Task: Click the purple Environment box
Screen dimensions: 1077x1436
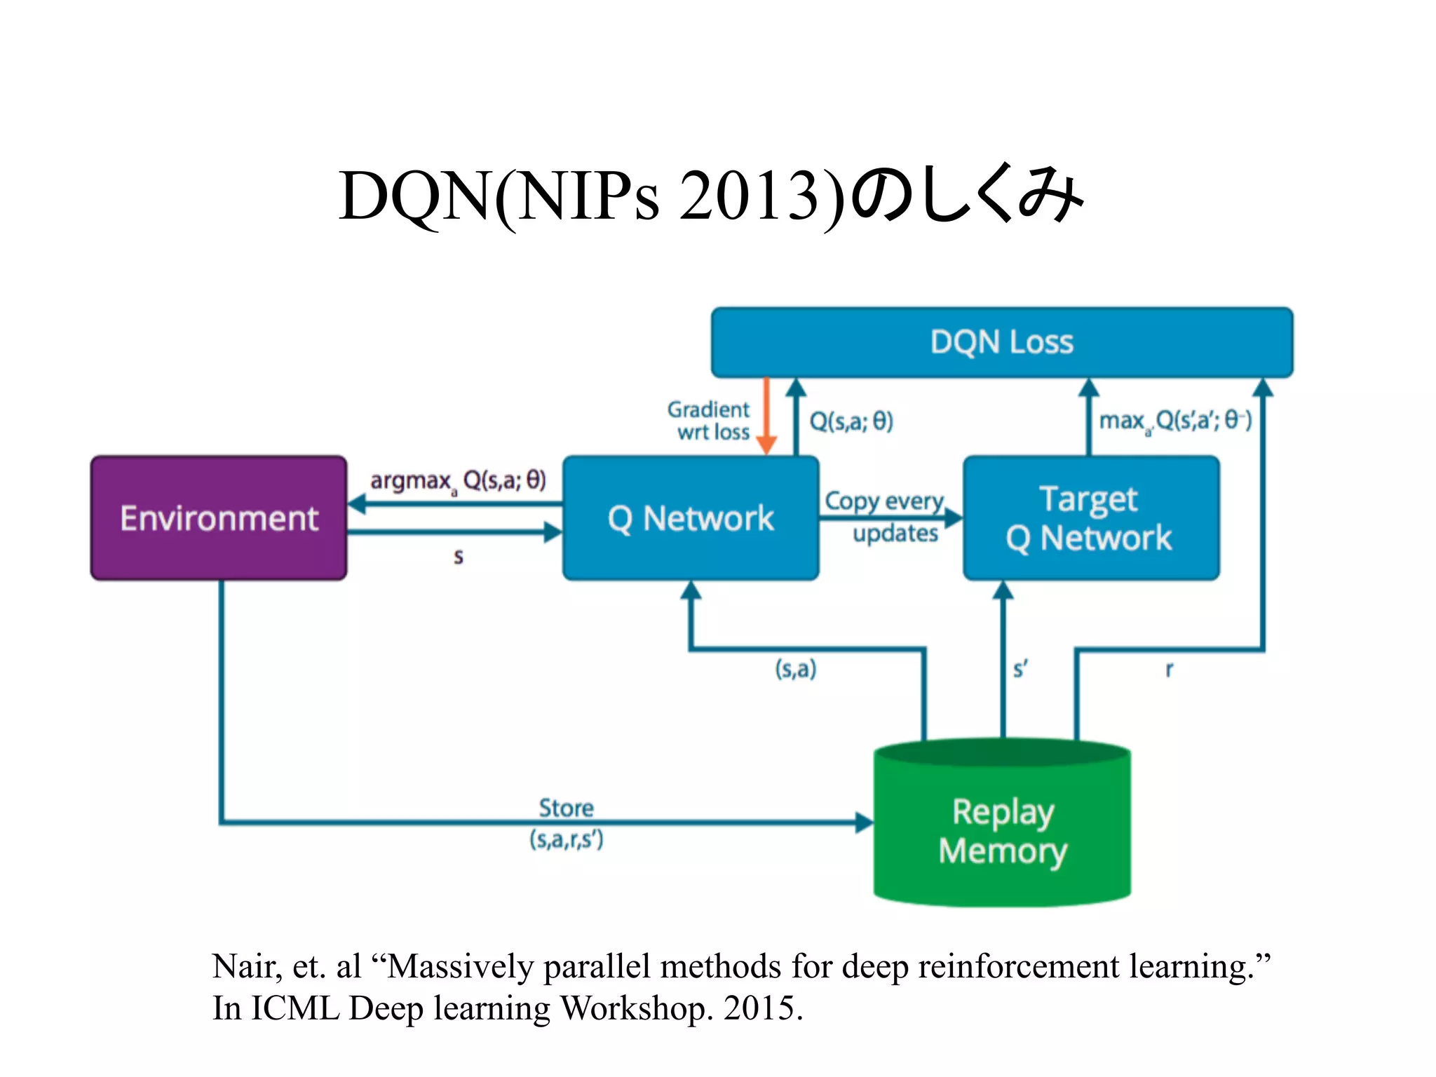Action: [x=219, y=518]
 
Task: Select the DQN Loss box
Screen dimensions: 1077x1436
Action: [x=1001, y=342]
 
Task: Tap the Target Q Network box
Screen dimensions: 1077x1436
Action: [x=1090, y=518]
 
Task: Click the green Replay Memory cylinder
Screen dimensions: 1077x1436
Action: [x=1002, y=831]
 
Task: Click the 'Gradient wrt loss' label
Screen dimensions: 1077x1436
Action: [x=709, y=420]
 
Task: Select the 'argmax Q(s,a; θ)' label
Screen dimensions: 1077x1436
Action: [x=458, y=481]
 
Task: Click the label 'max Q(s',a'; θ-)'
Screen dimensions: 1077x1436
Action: [x=1174, y=421]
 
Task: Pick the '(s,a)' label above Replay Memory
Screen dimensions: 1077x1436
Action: [x=795, y=668]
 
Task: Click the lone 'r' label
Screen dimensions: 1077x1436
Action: [x=1169, y=669]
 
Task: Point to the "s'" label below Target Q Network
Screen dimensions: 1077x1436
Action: [x=1020, y=669]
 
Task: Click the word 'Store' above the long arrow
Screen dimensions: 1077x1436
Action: [x=566, y=808]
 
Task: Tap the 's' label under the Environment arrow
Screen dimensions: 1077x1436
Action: [x=458, y=557]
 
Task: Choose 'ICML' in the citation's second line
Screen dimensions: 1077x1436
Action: [x=295, y=1008]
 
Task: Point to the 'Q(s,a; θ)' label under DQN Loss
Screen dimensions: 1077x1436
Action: [x=851, y=421]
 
